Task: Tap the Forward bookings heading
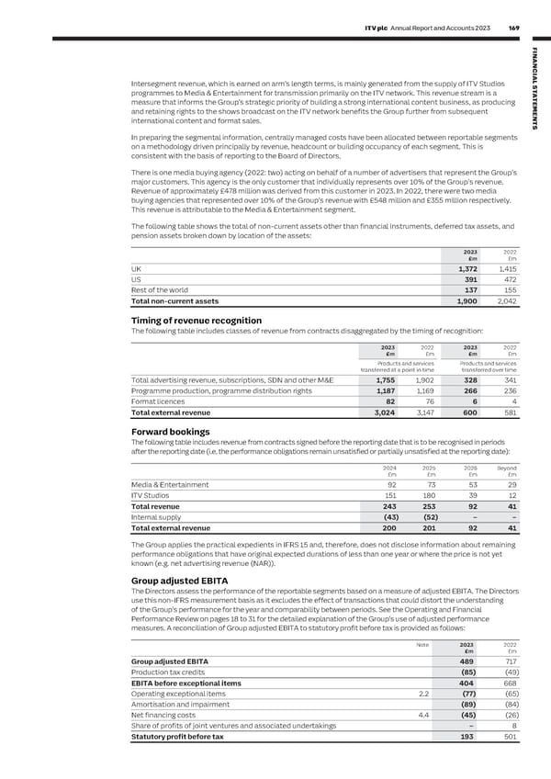[x=171, y=432]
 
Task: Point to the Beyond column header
[x=506, y=468]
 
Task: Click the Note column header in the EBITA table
[x=422, y=644]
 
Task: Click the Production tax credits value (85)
[x=465, y=674]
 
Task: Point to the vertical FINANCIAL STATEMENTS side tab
[x=536, y=92]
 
